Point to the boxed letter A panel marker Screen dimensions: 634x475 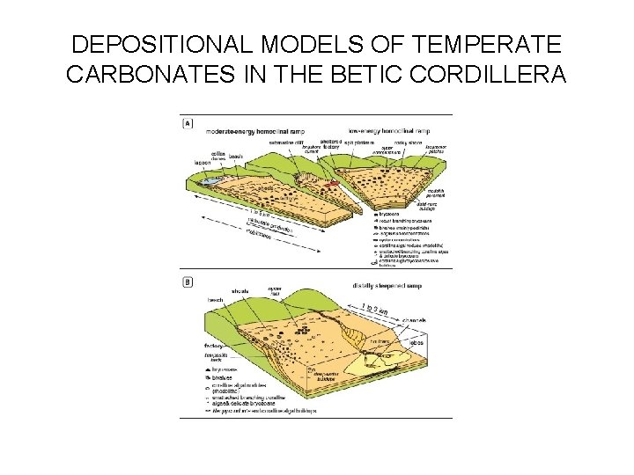(x=187, y=124)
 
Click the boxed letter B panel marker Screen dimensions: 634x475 (x=187, y=282)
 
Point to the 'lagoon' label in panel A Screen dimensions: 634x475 (x=201, y=163)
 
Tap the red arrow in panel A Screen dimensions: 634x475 (x=332, y=184)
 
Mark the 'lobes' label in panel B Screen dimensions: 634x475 (x=416, y=341)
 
